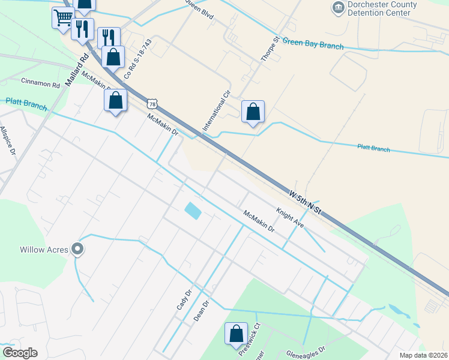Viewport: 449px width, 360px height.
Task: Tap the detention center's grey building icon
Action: [x=337, y=7]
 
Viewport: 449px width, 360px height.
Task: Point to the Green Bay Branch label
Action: [x=313, y=44]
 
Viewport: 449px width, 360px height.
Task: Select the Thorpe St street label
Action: [x=268, y=49]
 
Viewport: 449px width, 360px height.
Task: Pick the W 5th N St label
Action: [x=305, y=202]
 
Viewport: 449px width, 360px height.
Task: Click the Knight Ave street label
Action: [x=290, y=217]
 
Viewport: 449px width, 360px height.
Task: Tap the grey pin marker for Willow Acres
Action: [x=77, y=248]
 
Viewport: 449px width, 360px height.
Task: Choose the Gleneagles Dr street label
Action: [x=305, y=352]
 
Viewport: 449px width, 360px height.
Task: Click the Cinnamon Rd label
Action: [x=41, y=83]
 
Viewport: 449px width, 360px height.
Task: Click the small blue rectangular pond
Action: [x=193, y=210]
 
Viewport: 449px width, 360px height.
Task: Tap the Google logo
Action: [x=20, y=352]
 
